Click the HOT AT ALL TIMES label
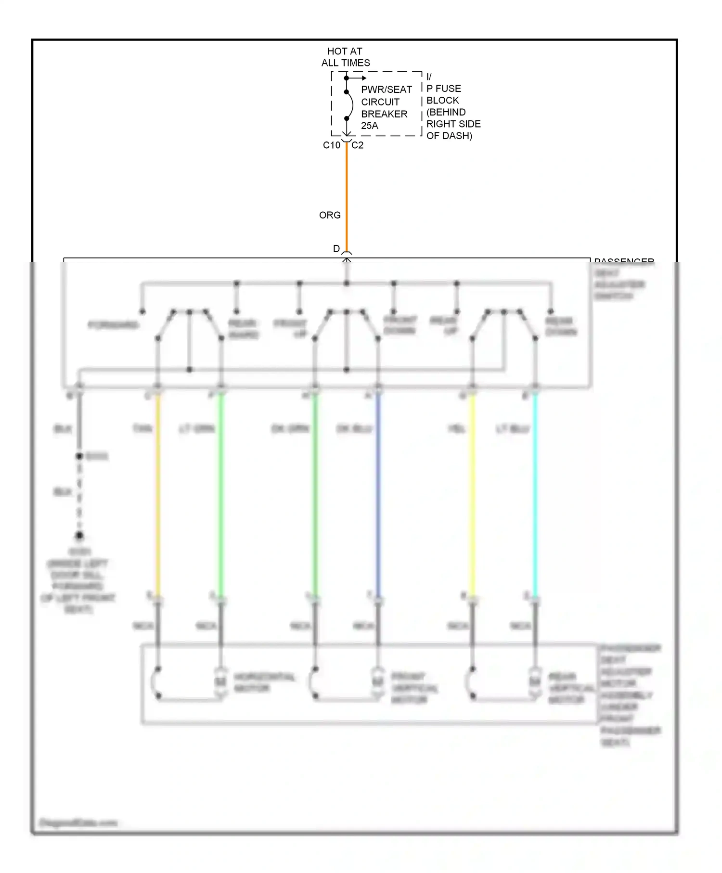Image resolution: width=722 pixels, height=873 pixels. coord(345,57)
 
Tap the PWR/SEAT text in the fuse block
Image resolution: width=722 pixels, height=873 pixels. coord(386,90)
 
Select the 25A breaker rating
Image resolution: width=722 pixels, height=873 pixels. coord(370,126)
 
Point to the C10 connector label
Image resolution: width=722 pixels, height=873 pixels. coord(331,145)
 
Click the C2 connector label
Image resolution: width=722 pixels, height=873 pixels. coord(357,145)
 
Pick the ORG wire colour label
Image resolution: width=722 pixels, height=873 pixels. coord(330,215)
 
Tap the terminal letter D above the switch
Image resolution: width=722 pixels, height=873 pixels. coord(336,248)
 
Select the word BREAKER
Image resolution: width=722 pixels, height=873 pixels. coord(384,114)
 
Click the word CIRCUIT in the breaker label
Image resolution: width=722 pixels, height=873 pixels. coord(380,102)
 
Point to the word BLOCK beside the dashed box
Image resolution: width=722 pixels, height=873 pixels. coord(442,100)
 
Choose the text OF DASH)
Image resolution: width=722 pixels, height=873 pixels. coord(449,136)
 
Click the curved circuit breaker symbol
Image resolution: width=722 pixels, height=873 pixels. coord(350,105)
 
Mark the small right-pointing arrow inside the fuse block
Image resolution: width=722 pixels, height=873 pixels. coord(359,78)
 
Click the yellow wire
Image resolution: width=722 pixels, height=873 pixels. coord(472,496)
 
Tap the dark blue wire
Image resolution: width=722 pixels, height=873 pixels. coord(378,496)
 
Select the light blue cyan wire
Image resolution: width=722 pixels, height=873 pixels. coord(535,496)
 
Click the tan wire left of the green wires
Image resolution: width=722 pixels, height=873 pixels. coord(157,496)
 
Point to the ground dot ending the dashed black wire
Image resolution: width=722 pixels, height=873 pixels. coord(79,535)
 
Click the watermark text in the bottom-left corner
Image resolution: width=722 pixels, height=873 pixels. coord(78,823)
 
